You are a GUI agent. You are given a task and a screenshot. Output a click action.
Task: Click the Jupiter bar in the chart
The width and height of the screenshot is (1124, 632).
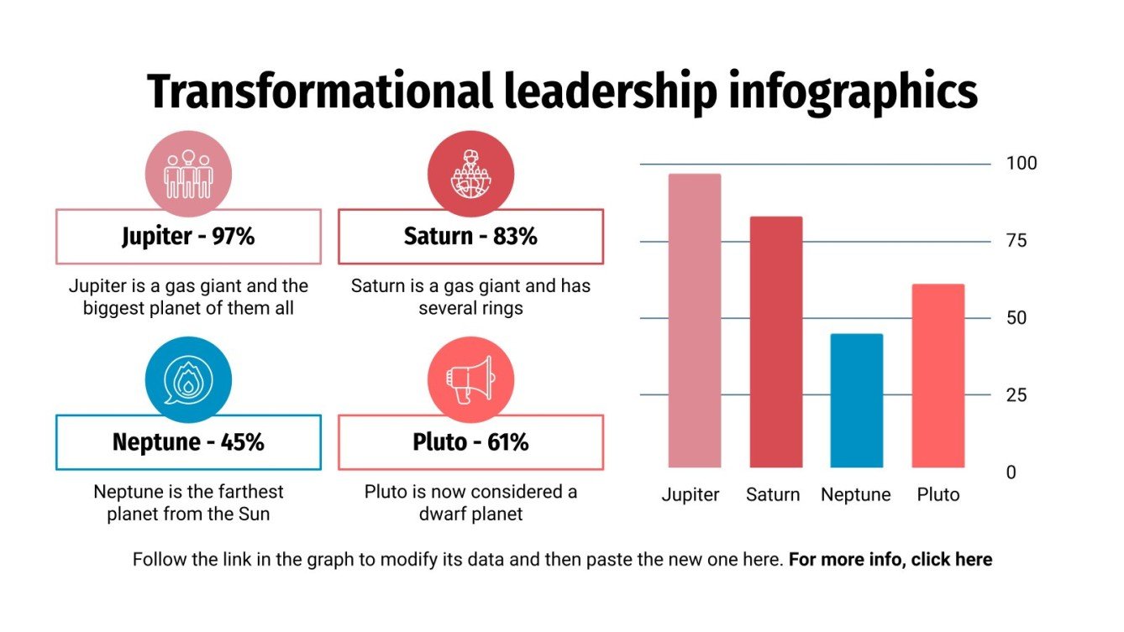tap(695, 321)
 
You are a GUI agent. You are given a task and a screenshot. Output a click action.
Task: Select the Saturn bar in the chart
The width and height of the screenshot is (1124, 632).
tap(775, 342)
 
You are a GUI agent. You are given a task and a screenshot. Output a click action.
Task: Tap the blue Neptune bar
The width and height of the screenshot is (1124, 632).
tap(856, 400)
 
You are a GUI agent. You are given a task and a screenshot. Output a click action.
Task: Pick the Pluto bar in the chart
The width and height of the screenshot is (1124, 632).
tap(938, 375)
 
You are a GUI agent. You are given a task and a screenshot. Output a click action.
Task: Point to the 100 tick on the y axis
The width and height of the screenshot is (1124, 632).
tap(1022, 164)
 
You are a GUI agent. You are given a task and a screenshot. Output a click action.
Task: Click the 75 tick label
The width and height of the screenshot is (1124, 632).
tap(1016, 241)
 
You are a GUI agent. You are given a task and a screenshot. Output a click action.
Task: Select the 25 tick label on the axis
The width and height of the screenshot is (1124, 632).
tap(1016, 395)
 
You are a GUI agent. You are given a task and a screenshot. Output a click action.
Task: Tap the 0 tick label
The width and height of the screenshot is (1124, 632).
tap(1011, 473)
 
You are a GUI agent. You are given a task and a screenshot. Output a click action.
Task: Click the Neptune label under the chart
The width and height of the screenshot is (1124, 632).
tap(855, 495)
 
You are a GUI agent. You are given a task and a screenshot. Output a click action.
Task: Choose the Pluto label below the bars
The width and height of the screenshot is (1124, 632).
tap(938, 495)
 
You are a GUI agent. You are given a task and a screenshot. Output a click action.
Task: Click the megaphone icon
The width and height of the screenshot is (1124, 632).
tap(470, 380)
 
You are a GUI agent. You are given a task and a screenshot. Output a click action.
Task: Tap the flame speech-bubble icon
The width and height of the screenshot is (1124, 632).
tap(188, 380)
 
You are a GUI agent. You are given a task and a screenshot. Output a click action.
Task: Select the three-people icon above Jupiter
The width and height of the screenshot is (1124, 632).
tap(188, 175)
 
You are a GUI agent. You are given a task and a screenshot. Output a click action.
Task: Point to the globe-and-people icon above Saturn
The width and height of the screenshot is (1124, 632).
tap(470, 175)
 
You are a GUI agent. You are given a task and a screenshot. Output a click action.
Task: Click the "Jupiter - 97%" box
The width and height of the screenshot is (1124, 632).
tap(188, 237)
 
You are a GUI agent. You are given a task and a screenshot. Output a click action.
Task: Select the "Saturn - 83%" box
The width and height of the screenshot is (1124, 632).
tap(470, 237)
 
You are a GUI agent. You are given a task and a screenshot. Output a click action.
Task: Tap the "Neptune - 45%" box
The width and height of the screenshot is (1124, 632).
tap(188, 442)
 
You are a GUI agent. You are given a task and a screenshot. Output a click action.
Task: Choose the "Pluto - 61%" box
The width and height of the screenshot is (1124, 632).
tap(470, 442)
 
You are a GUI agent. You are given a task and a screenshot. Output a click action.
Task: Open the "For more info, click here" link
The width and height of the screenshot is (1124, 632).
tap(890, 560)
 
